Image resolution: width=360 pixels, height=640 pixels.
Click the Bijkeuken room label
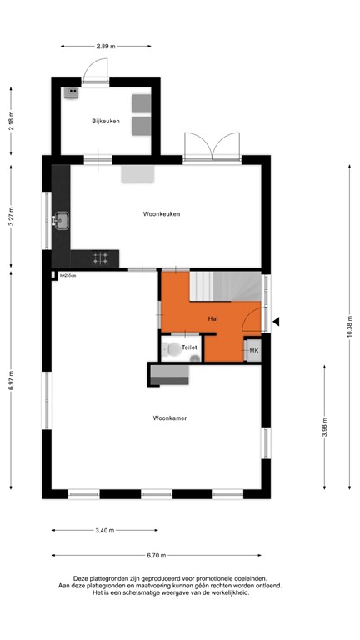pos(106,122)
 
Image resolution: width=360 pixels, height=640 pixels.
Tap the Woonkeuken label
pos(162,214)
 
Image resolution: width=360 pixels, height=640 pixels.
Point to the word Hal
pos(212,318)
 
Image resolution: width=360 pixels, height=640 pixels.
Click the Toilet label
pos(189,347)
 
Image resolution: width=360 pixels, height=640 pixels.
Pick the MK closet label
pos(254,352)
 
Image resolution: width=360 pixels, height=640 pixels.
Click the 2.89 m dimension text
pos(105,46)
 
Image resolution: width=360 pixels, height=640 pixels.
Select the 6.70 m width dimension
pos(157,555)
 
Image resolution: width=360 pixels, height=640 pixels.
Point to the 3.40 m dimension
pos(105,530)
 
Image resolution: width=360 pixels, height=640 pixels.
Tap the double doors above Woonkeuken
pos(212,147)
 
